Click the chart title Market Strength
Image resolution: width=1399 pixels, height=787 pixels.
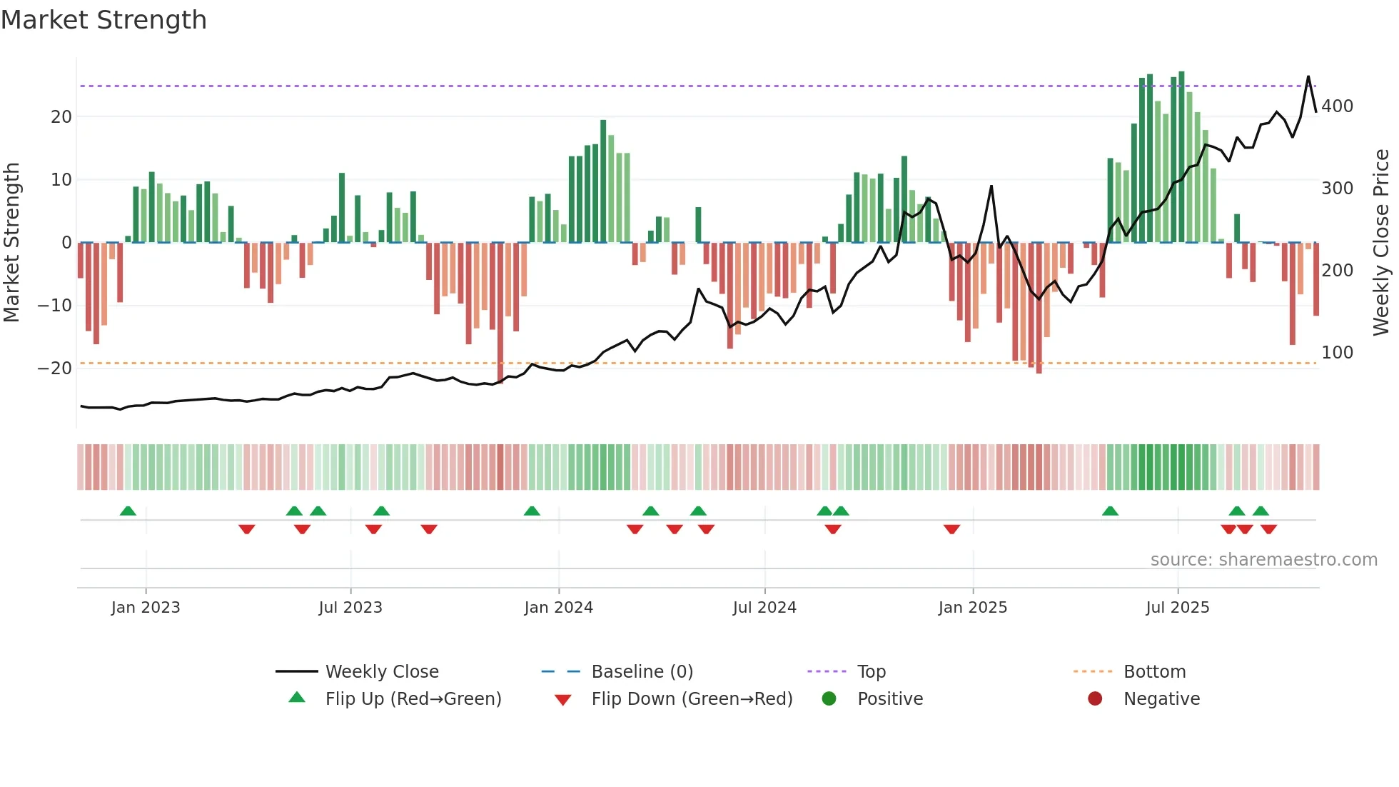click(x=103, y=20)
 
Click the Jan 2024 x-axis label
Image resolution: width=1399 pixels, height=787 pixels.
click(x=558, y=608)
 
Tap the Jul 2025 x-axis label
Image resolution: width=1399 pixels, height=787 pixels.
click(x=1177, y=608)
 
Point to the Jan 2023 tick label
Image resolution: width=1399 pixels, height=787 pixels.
click(x=146, y=608)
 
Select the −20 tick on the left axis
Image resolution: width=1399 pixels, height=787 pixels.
click(x=55, y=369)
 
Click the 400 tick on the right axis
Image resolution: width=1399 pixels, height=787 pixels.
click(x=1337, y=106)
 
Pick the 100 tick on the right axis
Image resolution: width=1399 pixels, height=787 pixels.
click(x=1337, y=353)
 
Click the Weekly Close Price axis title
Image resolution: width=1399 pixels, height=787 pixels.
click(x=1381, y=243)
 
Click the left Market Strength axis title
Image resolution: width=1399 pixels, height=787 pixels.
click(x=12, y=243)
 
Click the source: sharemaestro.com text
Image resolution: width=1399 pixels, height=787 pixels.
click(x=1263, y=560)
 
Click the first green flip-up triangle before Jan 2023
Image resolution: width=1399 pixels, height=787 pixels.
click(x=128, y=511)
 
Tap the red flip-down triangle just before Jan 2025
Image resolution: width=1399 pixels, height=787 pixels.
click(x=951, y=529)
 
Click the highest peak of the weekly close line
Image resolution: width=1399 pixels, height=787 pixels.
click(x=1308, y=76)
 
